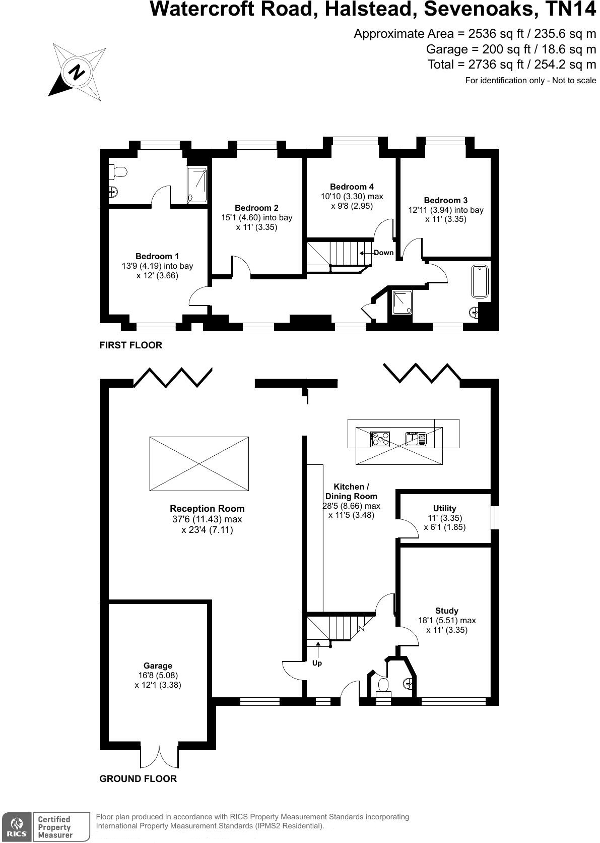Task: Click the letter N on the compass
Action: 78,72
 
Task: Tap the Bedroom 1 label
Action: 157,256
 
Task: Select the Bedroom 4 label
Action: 352,187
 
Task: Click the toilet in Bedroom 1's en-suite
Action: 118,172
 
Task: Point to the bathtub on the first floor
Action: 480,281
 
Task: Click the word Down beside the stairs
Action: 383,253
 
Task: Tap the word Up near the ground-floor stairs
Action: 317,663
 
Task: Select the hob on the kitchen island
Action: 380,439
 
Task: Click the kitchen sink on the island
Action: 416,439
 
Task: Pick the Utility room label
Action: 444,508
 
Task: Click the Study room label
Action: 447,611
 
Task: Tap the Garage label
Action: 158,666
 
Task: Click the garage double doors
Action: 159,757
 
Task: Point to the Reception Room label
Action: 207,508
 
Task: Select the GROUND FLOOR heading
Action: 138,778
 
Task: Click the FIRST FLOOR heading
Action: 131,345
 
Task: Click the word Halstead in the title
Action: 371,9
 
